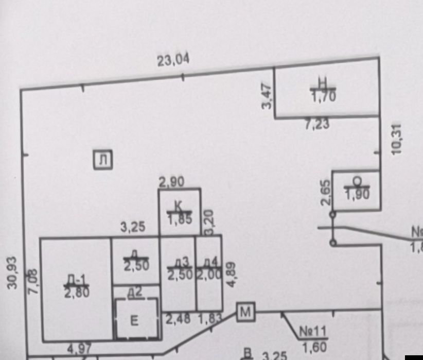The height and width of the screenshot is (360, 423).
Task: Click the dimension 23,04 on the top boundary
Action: coord(173,60)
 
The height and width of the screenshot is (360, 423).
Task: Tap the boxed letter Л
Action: coord(103,160)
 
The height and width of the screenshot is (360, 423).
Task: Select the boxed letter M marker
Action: coord(246,311)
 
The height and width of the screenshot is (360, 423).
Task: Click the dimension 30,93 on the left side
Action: coord(13,272)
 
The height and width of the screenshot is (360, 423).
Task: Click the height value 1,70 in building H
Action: coord(323,95)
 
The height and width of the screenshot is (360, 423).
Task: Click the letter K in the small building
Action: coord(178,206)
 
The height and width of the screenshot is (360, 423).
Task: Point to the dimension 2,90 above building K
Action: coord(171,182)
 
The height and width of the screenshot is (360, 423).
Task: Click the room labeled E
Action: coord(134,321)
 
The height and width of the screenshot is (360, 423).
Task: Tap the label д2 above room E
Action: coord(134,292)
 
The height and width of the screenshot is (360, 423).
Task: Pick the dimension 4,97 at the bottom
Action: coord(79,349)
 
